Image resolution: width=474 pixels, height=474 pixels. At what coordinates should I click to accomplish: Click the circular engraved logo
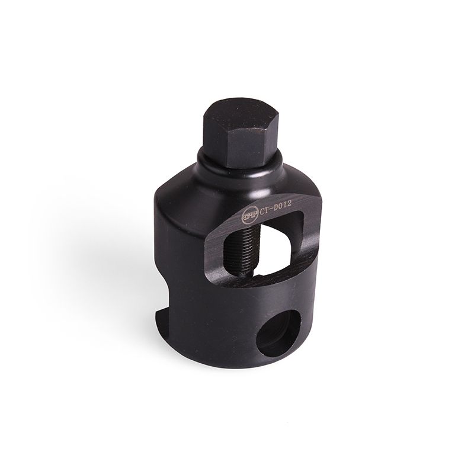247,214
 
